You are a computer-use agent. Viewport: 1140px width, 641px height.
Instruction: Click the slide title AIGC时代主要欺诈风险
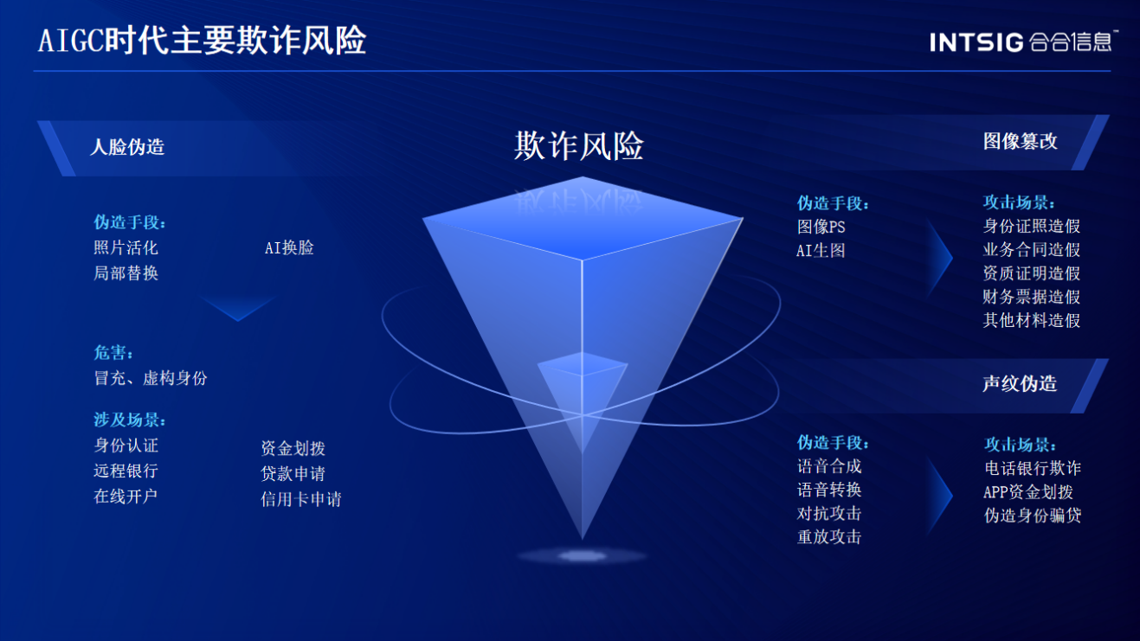202,41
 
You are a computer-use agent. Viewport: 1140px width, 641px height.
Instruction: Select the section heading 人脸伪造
127,147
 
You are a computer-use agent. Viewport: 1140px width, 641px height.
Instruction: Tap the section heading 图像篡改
1020,141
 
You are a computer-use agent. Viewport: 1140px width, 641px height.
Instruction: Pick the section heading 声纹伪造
1020,383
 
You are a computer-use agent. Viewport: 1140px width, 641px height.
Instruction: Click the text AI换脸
289,247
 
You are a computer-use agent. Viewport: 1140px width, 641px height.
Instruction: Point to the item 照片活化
126,247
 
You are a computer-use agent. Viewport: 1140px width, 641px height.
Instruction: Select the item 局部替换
126,273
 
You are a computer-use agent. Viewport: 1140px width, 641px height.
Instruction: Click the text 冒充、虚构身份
151,378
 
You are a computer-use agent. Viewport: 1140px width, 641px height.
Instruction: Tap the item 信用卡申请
300,499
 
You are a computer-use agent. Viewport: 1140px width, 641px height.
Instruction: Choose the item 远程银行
126,471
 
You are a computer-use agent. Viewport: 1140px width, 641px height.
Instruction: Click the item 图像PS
821,227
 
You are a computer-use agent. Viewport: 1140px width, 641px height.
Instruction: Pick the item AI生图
821,250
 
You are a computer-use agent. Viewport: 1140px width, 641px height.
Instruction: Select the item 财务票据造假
1031,297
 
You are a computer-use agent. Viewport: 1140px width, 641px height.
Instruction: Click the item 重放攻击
829,536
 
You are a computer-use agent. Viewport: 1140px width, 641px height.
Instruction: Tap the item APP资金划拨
1028,492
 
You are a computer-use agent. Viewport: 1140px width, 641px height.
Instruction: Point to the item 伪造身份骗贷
1033,516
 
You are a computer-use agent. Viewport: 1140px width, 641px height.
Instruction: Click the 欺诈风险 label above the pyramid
578,146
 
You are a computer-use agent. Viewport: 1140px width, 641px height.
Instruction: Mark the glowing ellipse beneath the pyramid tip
582,555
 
